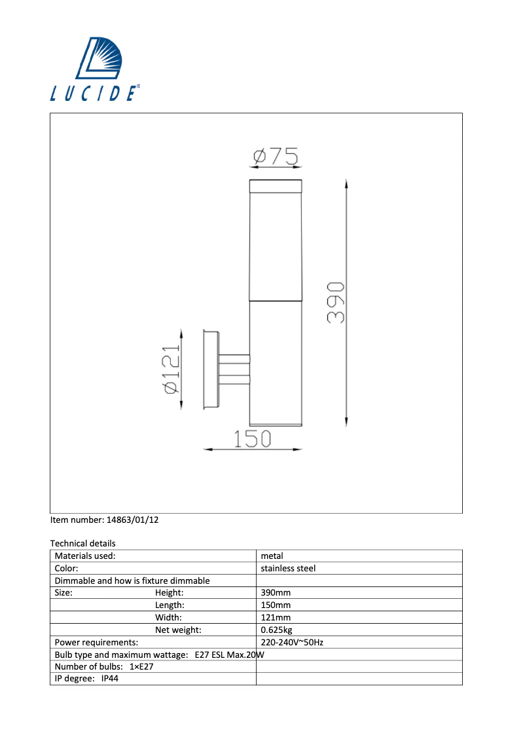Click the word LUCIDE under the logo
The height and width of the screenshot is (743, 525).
tap(94, 93)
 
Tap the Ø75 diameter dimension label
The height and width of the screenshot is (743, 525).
tap(276, 157)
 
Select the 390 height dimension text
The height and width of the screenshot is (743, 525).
tap(335, 303)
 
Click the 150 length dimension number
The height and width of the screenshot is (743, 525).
tap(253, 438)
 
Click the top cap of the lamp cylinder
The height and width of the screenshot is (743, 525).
tap(276, 186)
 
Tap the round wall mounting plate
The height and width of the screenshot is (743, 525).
tap(211, 370)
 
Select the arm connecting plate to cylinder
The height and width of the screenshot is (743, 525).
tap(234, 370)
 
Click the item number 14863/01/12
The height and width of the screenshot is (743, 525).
tap(132, 520)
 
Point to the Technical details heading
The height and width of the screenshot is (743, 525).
tap(82, 543)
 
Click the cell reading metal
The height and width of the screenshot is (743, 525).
tap(272, 556)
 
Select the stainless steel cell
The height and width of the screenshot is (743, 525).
tap(288, 568)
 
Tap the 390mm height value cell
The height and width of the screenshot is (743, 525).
tap(276, 593)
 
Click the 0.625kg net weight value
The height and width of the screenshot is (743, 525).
tap(276, 630)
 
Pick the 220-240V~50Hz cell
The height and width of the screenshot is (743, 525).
tap(292, 642)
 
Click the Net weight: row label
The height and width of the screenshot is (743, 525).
tap(178, 630)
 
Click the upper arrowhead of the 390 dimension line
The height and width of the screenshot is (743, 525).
tap(346, 184)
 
